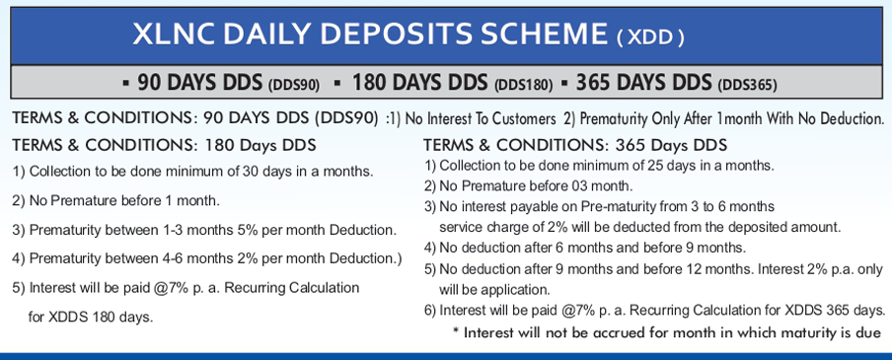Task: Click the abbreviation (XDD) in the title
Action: [650, 37]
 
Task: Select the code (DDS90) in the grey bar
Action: [293, 85]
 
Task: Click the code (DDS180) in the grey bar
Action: [523, 85]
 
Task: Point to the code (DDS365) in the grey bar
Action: [747, 85]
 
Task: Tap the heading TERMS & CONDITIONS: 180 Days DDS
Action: [164, 146]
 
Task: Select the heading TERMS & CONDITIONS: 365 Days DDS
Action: [575, 146]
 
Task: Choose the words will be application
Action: [494, 290]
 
